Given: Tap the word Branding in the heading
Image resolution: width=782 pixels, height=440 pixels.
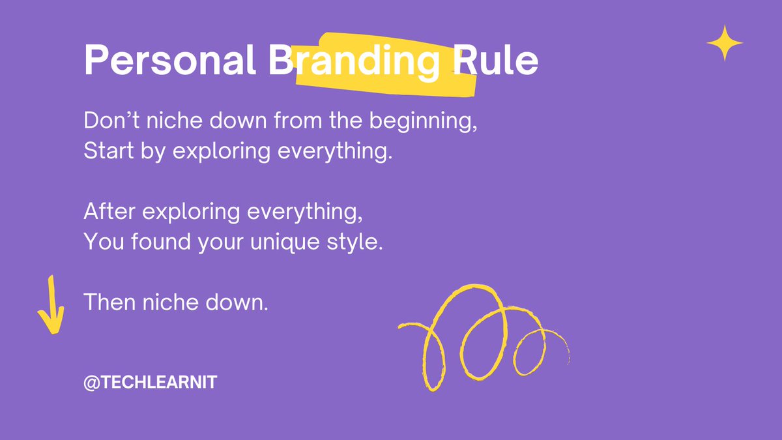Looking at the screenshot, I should (x=353, y=62).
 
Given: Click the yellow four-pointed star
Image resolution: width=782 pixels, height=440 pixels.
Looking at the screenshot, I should (x=725, y=44).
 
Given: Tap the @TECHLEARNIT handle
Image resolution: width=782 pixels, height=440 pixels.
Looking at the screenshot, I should (x=150, y=383).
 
